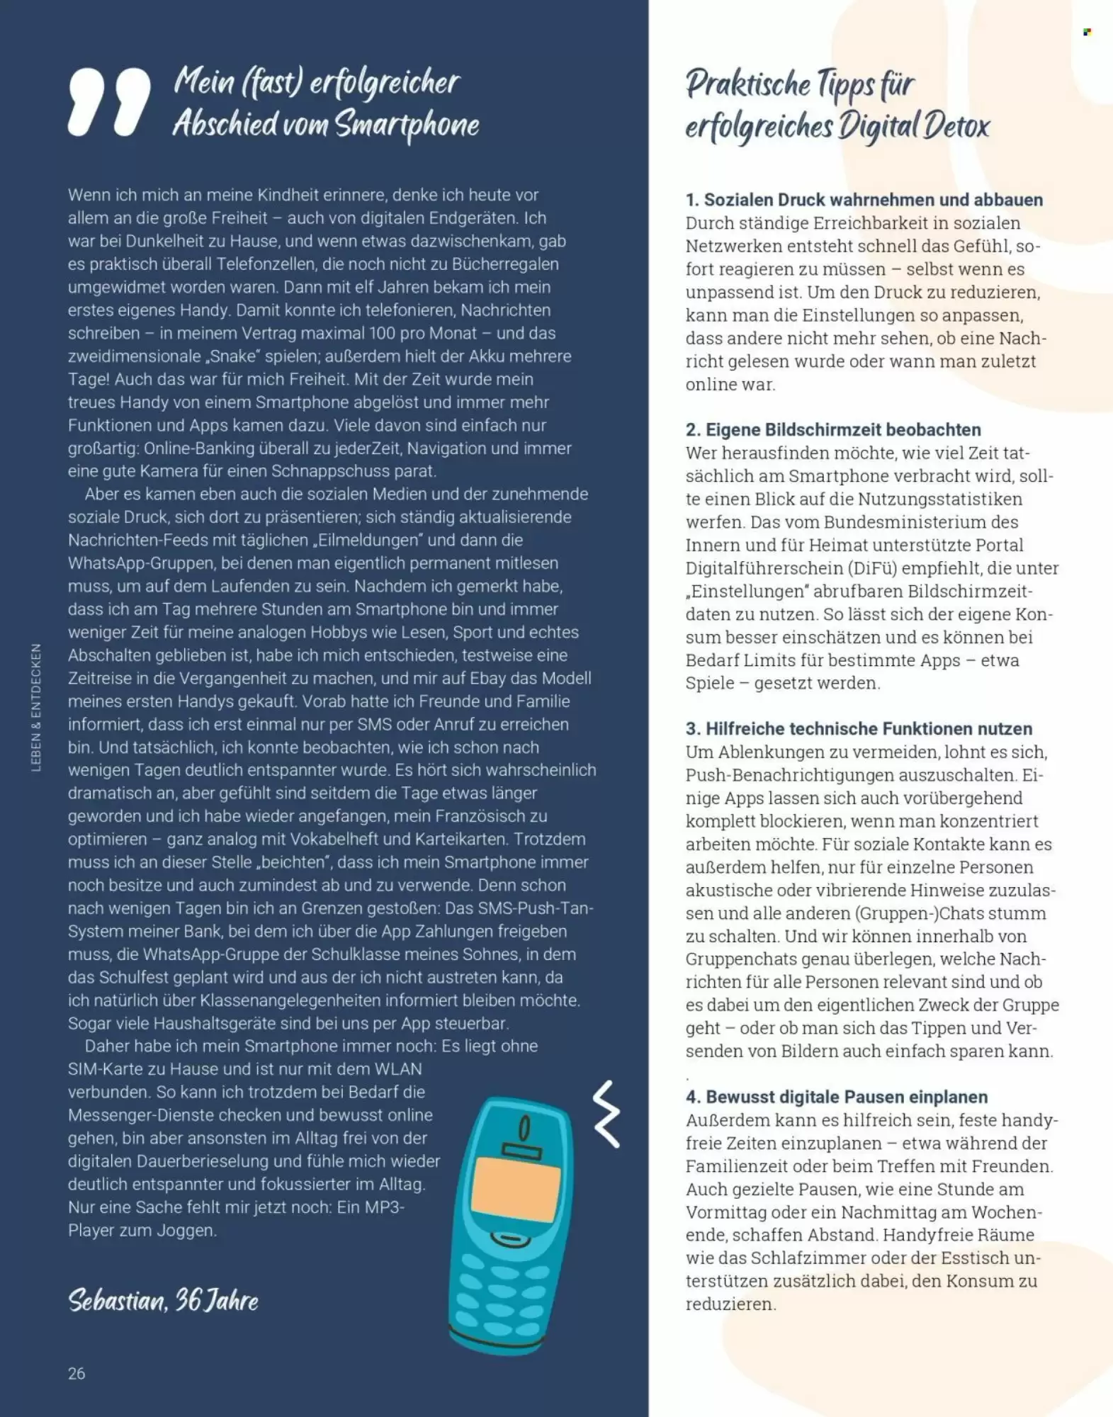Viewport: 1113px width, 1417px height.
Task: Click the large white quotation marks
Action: (x=109, y=102)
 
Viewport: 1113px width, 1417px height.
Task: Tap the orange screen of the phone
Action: (x=516, y=1185)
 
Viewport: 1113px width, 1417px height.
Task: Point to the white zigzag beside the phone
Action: (x=606, y=1114)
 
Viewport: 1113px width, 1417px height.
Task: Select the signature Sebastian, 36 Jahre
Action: (x=163, y=1300)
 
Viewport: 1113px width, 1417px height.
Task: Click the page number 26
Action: (x=77, y=1373)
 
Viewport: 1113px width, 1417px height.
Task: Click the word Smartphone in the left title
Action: (x=407, y=125)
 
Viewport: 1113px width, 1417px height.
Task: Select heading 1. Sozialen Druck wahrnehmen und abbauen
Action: (x=864, y=200)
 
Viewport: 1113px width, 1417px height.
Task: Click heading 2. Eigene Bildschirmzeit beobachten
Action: (x=832, y=429)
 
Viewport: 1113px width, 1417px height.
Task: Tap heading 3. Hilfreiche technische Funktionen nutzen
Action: (x=858, y=728)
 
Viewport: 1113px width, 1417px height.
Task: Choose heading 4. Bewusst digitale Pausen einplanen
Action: (x=836, y=1097)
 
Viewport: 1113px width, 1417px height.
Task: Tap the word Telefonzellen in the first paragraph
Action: (x=266, y=264)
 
